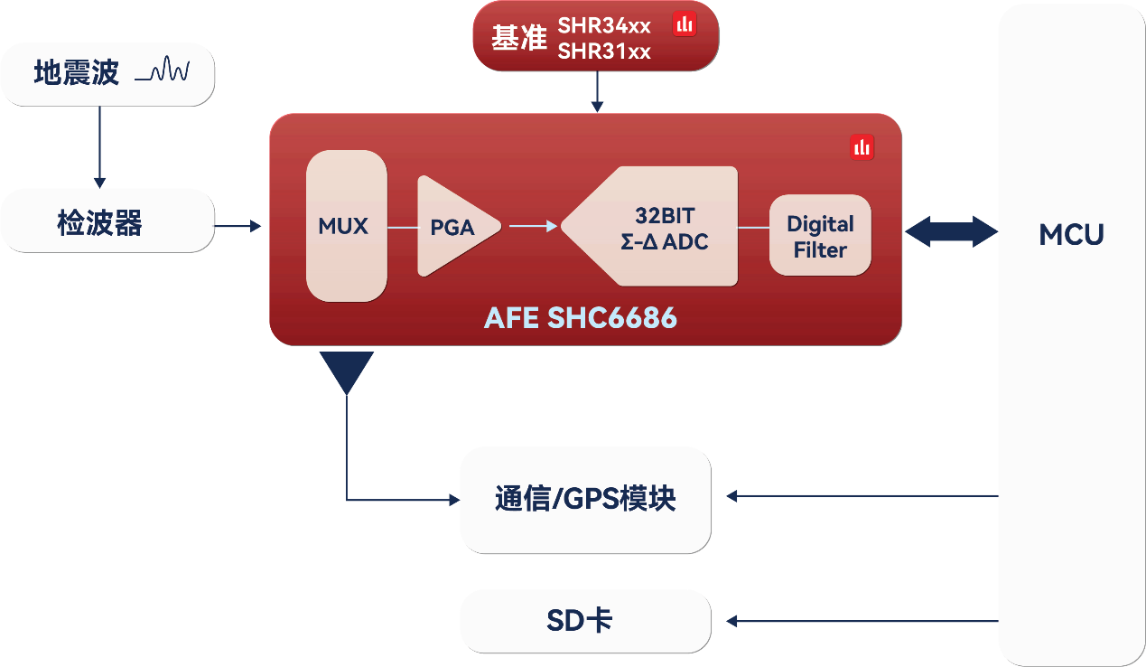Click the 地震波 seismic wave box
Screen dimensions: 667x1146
107,73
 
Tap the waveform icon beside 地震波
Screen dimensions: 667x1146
163,71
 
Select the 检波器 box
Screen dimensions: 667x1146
107,221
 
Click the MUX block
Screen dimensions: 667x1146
346,226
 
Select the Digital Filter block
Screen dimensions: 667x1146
820,236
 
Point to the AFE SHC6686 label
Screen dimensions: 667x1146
580,318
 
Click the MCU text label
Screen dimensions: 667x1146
1071,235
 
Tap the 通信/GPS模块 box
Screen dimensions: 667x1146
585,499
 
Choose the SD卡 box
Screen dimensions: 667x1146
585,621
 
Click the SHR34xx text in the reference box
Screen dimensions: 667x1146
604,25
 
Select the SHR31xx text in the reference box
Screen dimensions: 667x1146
604,52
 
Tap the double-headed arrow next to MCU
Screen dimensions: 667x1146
950,230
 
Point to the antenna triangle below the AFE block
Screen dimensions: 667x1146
347,371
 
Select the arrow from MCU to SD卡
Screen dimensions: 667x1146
862,621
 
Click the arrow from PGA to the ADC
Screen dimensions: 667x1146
533,226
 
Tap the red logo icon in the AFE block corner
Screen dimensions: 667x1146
862,146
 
